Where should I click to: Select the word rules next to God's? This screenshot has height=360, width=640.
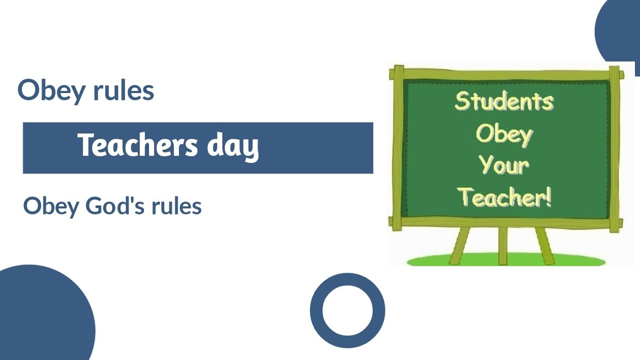(x=178, y=205)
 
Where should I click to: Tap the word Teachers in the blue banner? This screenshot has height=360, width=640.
(x=137, y=145)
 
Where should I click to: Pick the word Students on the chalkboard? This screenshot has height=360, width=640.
(x=503, y=101)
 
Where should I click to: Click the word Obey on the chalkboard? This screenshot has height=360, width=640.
(x=504, y=134)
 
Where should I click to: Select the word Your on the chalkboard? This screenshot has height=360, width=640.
(x=504, y=165)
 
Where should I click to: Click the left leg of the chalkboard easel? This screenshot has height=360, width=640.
(x=459, y=245)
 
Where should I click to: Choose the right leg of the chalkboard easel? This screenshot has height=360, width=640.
(x=545, y=245)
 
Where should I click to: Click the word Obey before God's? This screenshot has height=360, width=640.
(x=49, y=206)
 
